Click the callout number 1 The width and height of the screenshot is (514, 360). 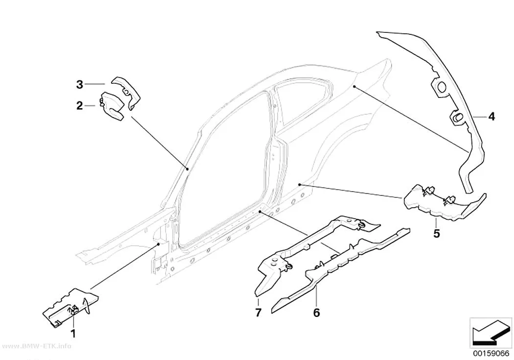[x=73, y=334]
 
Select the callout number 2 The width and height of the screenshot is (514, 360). [x=80, y=106]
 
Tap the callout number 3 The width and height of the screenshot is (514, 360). [x=80, y=85]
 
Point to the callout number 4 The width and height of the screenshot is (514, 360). [x=491, y=117]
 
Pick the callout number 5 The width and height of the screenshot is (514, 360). [x=436, y=234]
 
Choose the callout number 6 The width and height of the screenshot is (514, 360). [x=316, y=312]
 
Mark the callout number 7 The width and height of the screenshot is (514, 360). [x=258, y=312]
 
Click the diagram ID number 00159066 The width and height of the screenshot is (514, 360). [x=491, y=354]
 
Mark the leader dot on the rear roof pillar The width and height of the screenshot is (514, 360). [x=354, y=86]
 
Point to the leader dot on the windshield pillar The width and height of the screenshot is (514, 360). [x=187, y=169]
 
